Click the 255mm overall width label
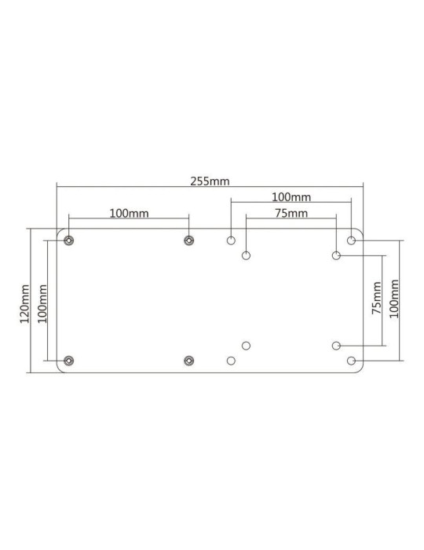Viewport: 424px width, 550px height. click(210, 180)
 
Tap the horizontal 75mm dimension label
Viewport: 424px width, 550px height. click(291, 212)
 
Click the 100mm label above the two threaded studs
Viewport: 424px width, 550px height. click(129, 212)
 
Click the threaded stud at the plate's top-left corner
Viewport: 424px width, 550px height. click(69, 240)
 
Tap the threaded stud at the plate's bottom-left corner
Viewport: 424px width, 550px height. click(69, 361)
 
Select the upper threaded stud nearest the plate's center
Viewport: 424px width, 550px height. click(188, 240)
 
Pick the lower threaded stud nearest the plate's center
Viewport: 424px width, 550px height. click(188, 361)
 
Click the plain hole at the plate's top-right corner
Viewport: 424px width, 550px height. click(351, 240)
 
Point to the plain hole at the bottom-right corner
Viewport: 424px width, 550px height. click(351, 361)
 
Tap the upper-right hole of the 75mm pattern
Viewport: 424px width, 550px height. click(336, 255)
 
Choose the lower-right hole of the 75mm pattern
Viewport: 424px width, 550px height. click(336, 346)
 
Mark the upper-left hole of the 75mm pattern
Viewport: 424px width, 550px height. click(247, 255)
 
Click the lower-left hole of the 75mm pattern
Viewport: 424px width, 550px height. click(247, 346)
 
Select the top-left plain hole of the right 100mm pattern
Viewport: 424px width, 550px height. click(231, 240)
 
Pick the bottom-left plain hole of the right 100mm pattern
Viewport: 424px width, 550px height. click(231, 361)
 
